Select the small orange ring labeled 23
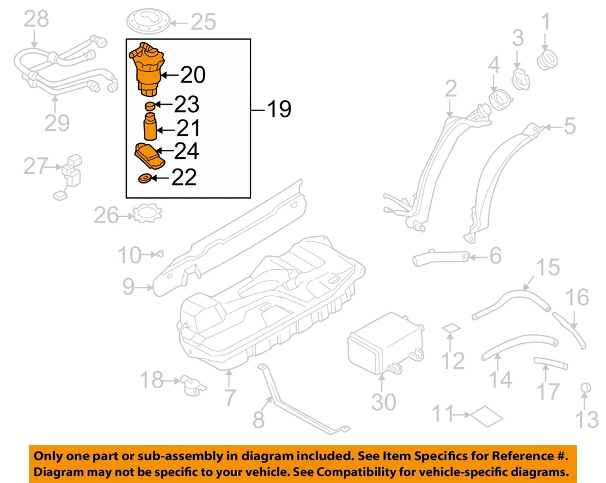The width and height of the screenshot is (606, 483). click(150, 105)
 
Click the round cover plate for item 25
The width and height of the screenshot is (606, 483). click(150, 21)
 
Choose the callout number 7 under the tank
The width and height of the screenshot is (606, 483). click(230, 397)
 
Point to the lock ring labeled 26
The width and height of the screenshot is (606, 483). click(146, 214)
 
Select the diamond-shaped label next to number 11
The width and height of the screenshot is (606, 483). click(487, 415)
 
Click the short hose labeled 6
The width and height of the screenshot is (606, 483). click(442, 257)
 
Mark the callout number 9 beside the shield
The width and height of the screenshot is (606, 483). click(128, 288)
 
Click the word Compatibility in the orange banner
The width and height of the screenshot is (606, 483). click(407, 472)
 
